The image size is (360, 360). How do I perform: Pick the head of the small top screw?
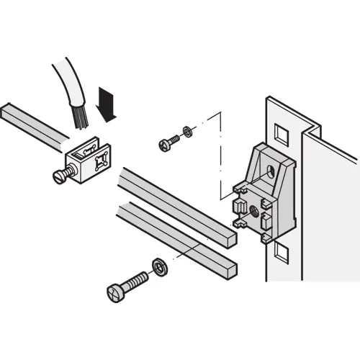(x=162, y=145)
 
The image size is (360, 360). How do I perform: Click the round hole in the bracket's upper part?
(x=271, y=170)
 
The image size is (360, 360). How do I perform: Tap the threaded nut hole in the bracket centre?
(x=254, y=210)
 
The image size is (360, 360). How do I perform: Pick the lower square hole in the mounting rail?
(x=280, y=251)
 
